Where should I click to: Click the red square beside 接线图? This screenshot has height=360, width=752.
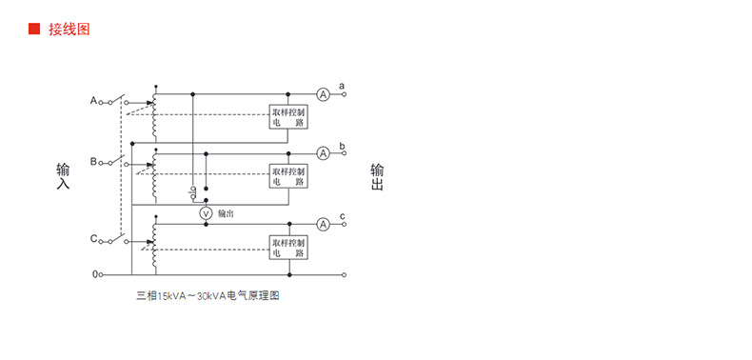click(x=33, y=30)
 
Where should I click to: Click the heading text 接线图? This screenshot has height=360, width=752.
click(x=69, y=30)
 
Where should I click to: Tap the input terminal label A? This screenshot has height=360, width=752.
click(x=93, y=100)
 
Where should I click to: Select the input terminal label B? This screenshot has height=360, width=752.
click(x=93, y=162)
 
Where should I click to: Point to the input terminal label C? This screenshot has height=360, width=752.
click(x=93, y=238)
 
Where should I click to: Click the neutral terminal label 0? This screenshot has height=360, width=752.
click(x=94, y=274)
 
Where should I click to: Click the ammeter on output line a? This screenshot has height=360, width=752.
click(x=323, y=93)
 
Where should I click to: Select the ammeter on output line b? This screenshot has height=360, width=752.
click(x=323, y=152)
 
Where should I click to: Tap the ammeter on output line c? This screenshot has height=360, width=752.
click(x=323, y=224)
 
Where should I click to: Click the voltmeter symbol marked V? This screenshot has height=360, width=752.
click(x=205, y=214)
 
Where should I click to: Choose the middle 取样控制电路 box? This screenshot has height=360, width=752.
click(x=288, y=176)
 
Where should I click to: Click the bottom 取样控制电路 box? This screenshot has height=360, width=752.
click(x=288, y=248)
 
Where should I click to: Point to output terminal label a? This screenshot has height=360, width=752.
click(x=342, y=85)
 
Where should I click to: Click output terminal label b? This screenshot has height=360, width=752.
click(x=342, y=145)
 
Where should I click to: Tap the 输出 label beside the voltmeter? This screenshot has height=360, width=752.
click(x=227, y=214)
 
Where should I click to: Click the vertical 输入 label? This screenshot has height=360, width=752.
click(x=63, y=177)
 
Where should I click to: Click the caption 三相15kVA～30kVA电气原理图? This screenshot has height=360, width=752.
click(x=208, y=296)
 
